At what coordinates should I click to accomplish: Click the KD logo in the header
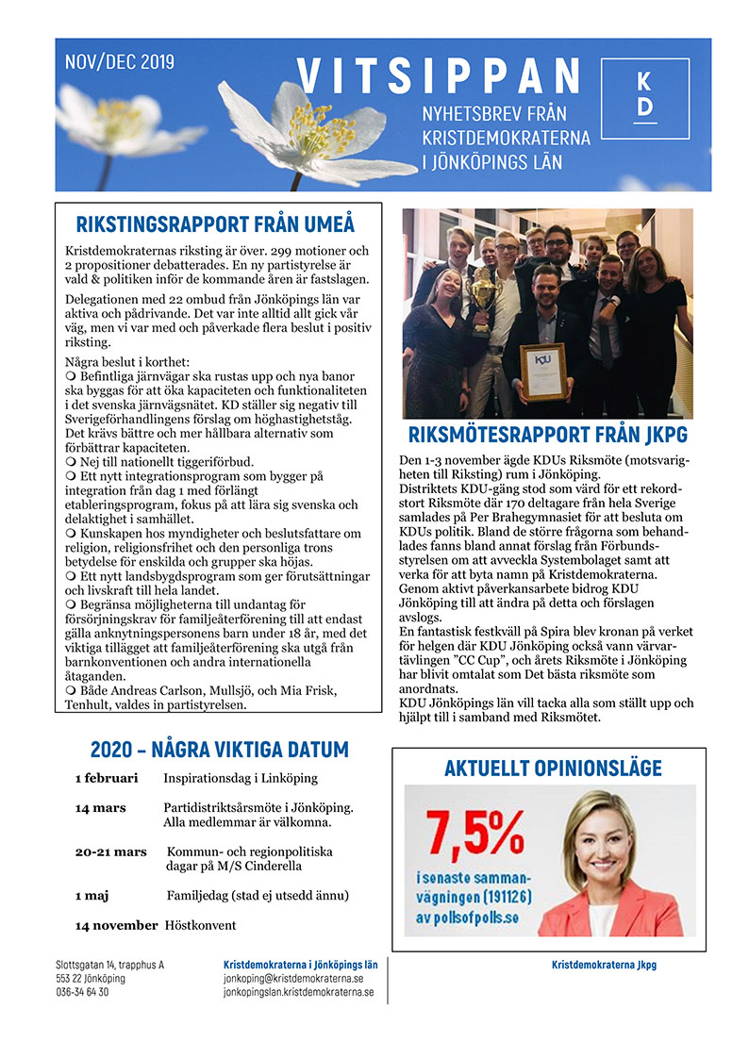pos(644,94)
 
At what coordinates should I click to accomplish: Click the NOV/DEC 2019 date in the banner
pos(120,63)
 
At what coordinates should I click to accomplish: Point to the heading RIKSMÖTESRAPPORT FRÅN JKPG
pos(548,436)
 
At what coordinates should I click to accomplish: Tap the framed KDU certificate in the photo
pos(543,372)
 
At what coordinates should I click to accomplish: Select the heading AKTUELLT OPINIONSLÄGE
pos(553,769)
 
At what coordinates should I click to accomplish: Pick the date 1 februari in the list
pos(107,779)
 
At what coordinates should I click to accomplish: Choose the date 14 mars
pos(101,808)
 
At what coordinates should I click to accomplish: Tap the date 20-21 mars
pos(111,851)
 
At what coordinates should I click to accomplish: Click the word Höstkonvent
pos(201,925)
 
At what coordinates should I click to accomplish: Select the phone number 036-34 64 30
pos(82,992)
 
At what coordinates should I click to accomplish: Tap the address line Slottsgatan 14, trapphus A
pos(109,965)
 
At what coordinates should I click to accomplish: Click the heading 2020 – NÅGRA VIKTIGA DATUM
pos(220,750)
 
